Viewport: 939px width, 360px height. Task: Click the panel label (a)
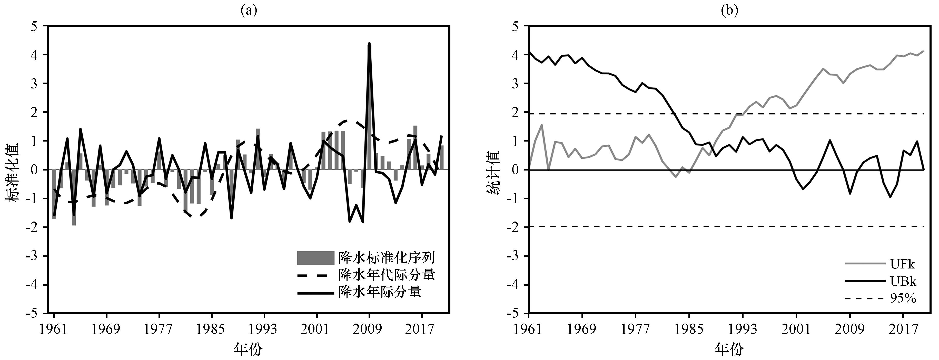(x=249, y=11)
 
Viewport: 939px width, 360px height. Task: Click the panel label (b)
(x=729, y=11)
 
